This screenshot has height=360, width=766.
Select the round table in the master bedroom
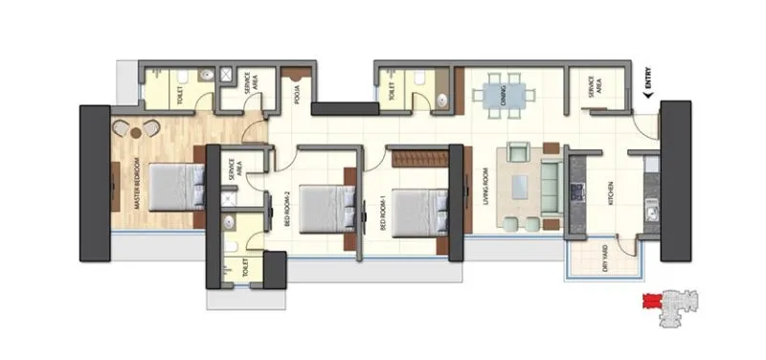[138, 131]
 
